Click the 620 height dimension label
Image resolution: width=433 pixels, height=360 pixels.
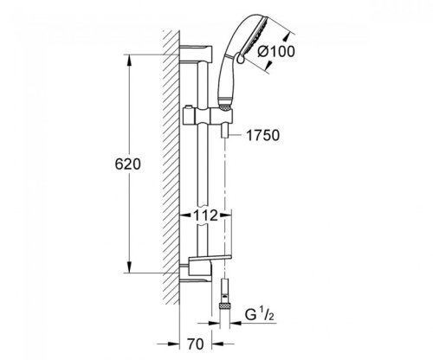pos(127,164)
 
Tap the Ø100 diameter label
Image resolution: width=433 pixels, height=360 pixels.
pos(276,52)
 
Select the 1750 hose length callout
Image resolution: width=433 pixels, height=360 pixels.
pos(262,135)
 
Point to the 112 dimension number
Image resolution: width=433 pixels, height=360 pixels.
pos(205,215)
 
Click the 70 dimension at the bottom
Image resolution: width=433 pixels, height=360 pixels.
pos(195,344)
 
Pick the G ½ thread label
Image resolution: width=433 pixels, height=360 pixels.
pos(259,314)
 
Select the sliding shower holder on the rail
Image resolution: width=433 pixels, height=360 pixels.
pos(207,117)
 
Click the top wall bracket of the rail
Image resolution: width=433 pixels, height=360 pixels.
pos(197,54)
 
